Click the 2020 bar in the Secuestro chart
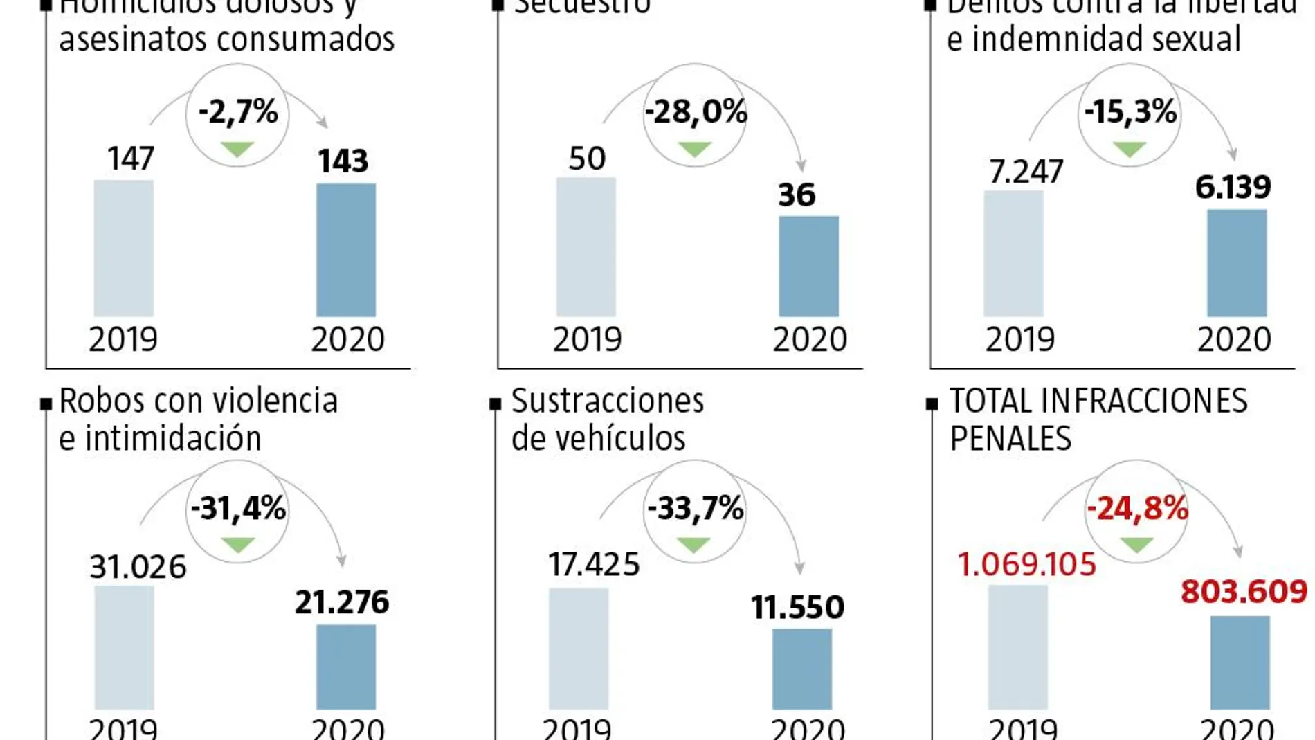pos(808,267)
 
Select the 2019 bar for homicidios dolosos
pos(123,248)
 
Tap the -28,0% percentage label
pos(696,111)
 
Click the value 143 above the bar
pos(343,161)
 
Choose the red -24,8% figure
pos(1137,509)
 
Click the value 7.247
pos(1026,172)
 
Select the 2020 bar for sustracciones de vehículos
pos(801,669)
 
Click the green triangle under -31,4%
pos(238,545)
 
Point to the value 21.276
pos(342,602)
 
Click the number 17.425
pos(594,564)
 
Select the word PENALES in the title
pos(1010,439)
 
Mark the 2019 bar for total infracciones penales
pos(1017,647)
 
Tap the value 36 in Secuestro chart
pos(797,195)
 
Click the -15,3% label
pos(1130,111)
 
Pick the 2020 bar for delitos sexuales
pos(1237,263)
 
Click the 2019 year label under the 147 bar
pos(123,339)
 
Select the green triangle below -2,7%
pos(237,149)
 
